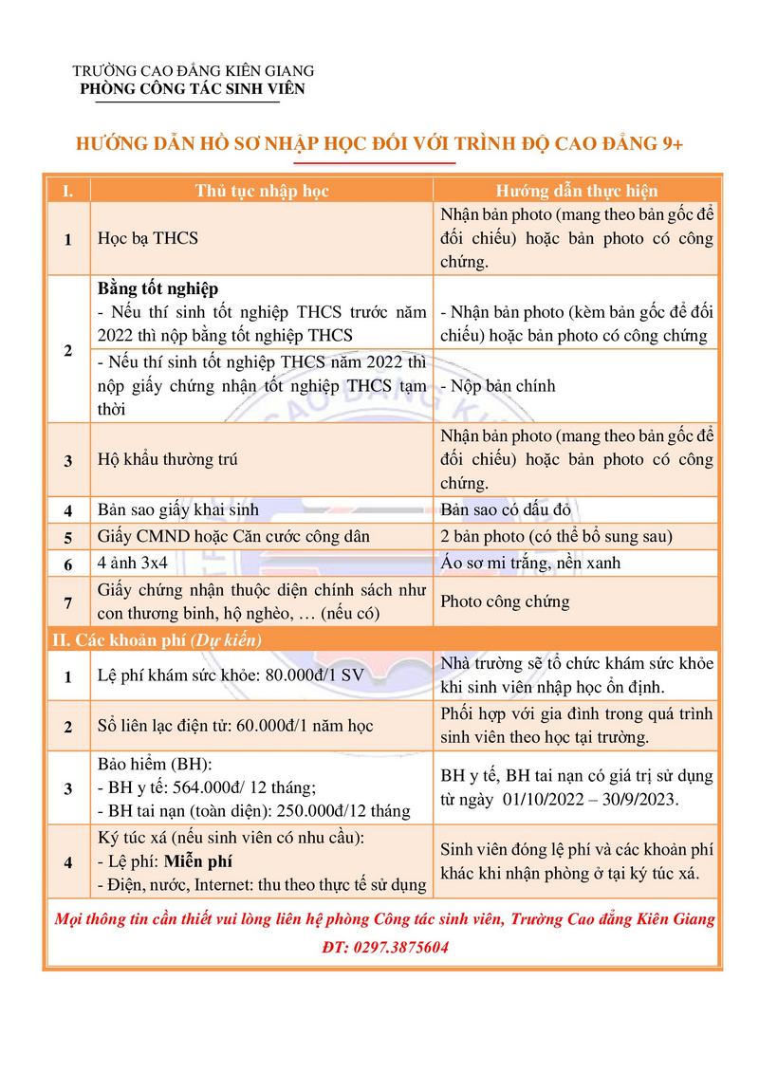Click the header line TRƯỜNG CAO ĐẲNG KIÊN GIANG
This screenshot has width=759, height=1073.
pyautogui.click(x=194, y=71)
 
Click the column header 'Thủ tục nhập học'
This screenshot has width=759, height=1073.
pyautogui.click(x=262, y=191)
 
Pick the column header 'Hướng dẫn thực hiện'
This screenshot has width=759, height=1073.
pyautogui.click(x=577, y=191)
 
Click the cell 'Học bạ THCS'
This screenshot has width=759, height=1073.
pyautogui.click(x=148, y=238)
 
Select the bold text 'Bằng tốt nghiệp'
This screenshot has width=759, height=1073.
pyautogui.click(x=158, y=287)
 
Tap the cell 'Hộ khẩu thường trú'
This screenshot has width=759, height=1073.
pyautogui.click(x=168, y=459)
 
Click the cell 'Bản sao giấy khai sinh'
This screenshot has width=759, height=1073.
pyautogui.click(x=178, y=509)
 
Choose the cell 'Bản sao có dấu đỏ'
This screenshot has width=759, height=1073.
pyautogui.click(x=506, y=509)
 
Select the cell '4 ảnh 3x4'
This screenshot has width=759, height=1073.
pyautogui.click(x=134, y=563)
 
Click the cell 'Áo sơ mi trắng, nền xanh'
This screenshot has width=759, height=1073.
pyautogui.click(x=530, y=563)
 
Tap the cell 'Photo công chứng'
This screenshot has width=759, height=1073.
pyautogui.click(x=506, y=601)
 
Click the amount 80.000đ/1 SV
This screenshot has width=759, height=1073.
pyautogui.click(x=312, y=676)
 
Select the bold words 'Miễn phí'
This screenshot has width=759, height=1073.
pyautogui.click(x=198, y=862)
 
